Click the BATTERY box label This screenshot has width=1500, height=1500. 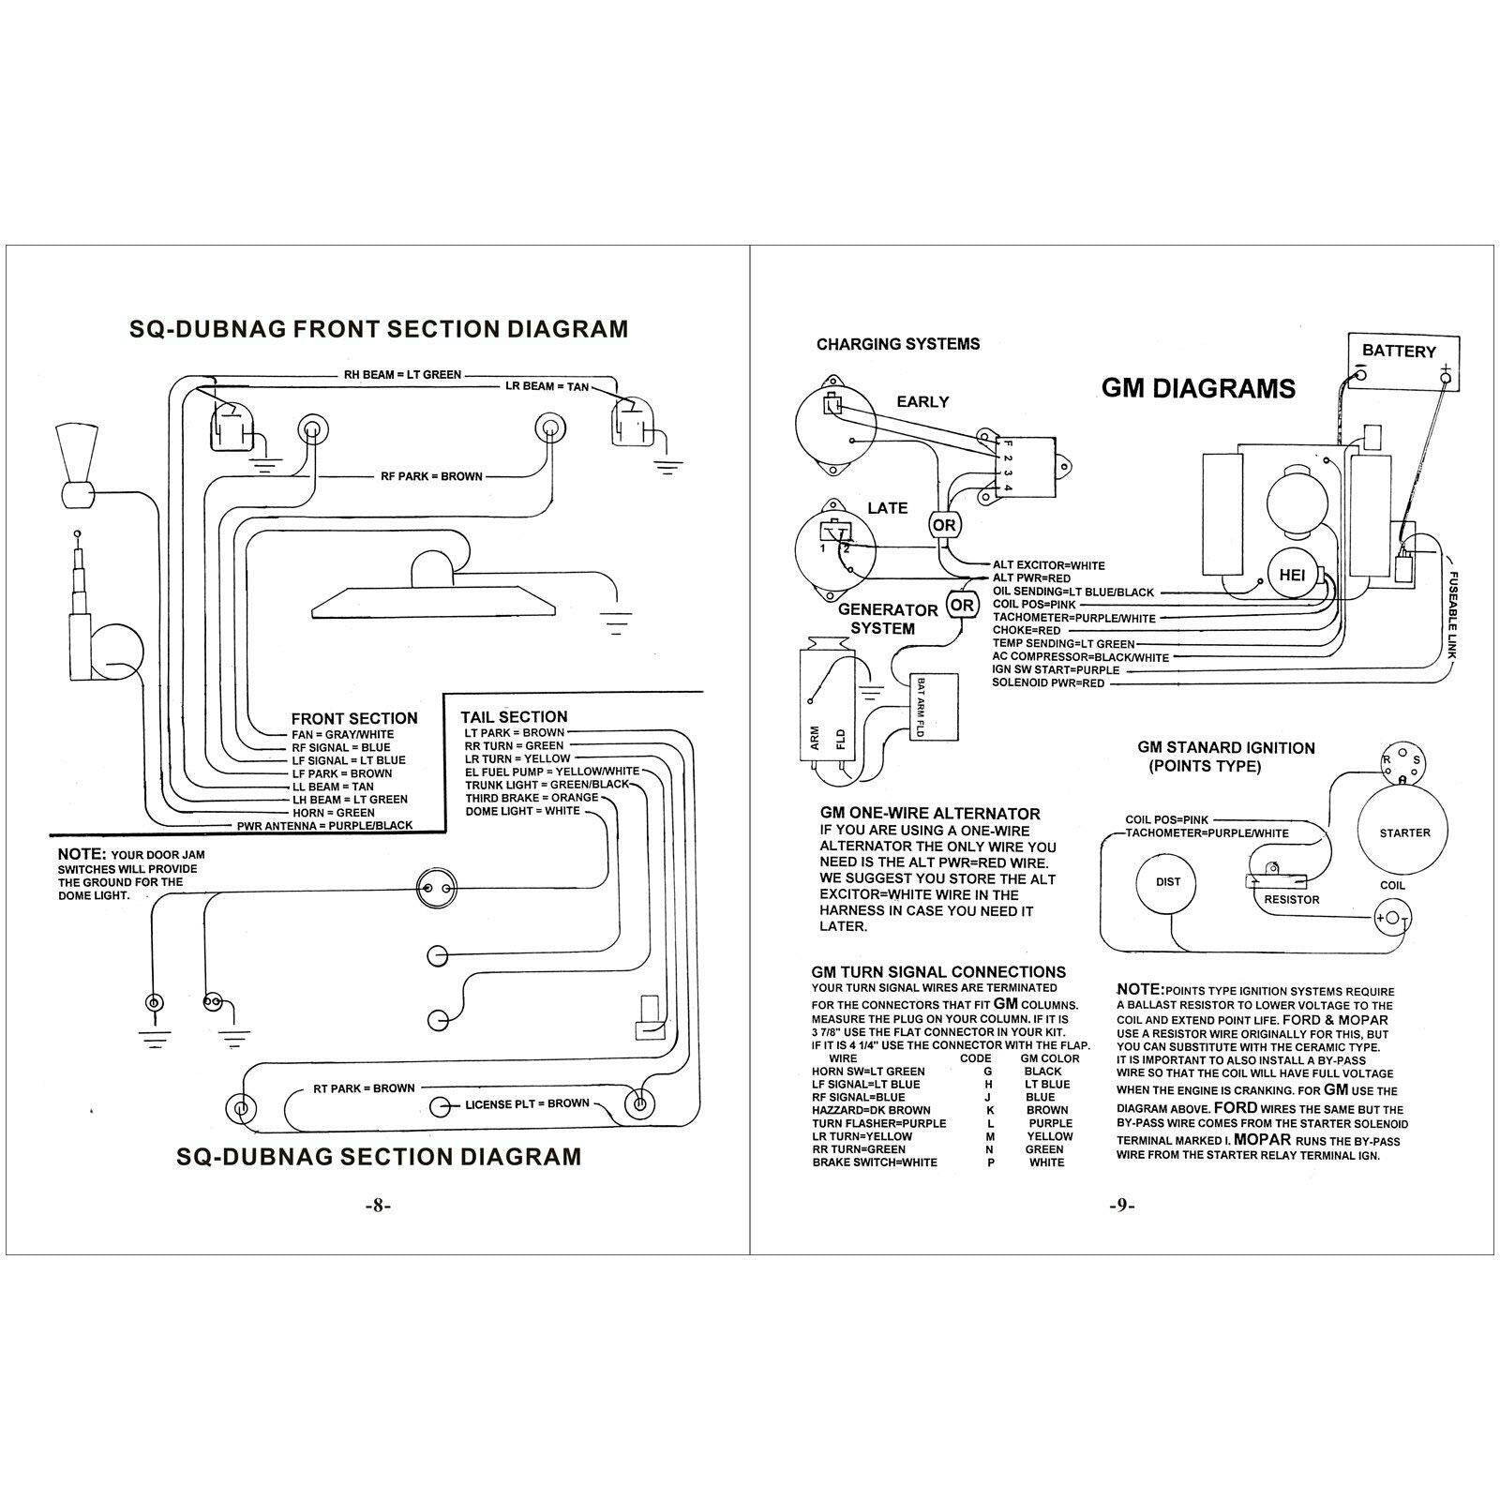point(1399,351)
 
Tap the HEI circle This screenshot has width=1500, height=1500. point(1292,576)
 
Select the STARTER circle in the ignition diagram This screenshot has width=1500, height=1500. point(1404,832)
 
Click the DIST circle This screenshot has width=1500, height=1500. point(1168,882)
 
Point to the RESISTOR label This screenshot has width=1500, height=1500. point(1291,900)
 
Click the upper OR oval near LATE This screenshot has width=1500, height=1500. point(944,525)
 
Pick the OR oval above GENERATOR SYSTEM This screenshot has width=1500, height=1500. point(962,605)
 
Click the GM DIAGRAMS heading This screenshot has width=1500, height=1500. point(1198,388)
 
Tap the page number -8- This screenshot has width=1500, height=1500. point(376,1206)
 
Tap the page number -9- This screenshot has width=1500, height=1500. point(1121,1206)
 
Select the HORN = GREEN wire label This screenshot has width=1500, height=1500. point(334,813)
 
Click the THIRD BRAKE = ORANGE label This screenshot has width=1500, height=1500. point(532,798)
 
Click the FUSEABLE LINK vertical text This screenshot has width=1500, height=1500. point(1452,614)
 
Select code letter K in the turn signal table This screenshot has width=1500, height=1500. point(989,1110)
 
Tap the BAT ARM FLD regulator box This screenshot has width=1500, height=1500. point(933,706)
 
